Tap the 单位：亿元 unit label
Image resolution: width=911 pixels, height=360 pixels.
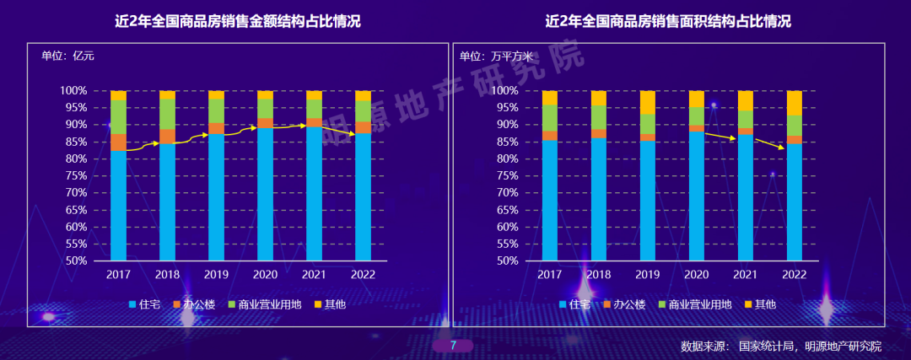[68, 56]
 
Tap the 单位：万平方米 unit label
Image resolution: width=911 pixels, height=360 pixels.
[497, 56]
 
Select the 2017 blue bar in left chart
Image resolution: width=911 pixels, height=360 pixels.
[118, 207]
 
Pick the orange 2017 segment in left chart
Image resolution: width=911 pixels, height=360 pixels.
[118, 142]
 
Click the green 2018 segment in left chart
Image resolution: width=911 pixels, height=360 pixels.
[167, 114]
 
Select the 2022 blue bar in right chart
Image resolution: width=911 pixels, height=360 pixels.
[795, 202]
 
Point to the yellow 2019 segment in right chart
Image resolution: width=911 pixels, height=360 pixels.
[648, 102]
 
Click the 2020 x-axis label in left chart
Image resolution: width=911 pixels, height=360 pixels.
[265, 274]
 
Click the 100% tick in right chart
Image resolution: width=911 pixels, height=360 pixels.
[504, 90]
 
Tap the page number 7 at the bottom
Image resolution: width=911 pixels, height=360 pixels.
[453, 346]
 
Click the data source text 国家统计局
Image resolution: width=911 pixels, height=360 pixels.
[766, 347]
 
